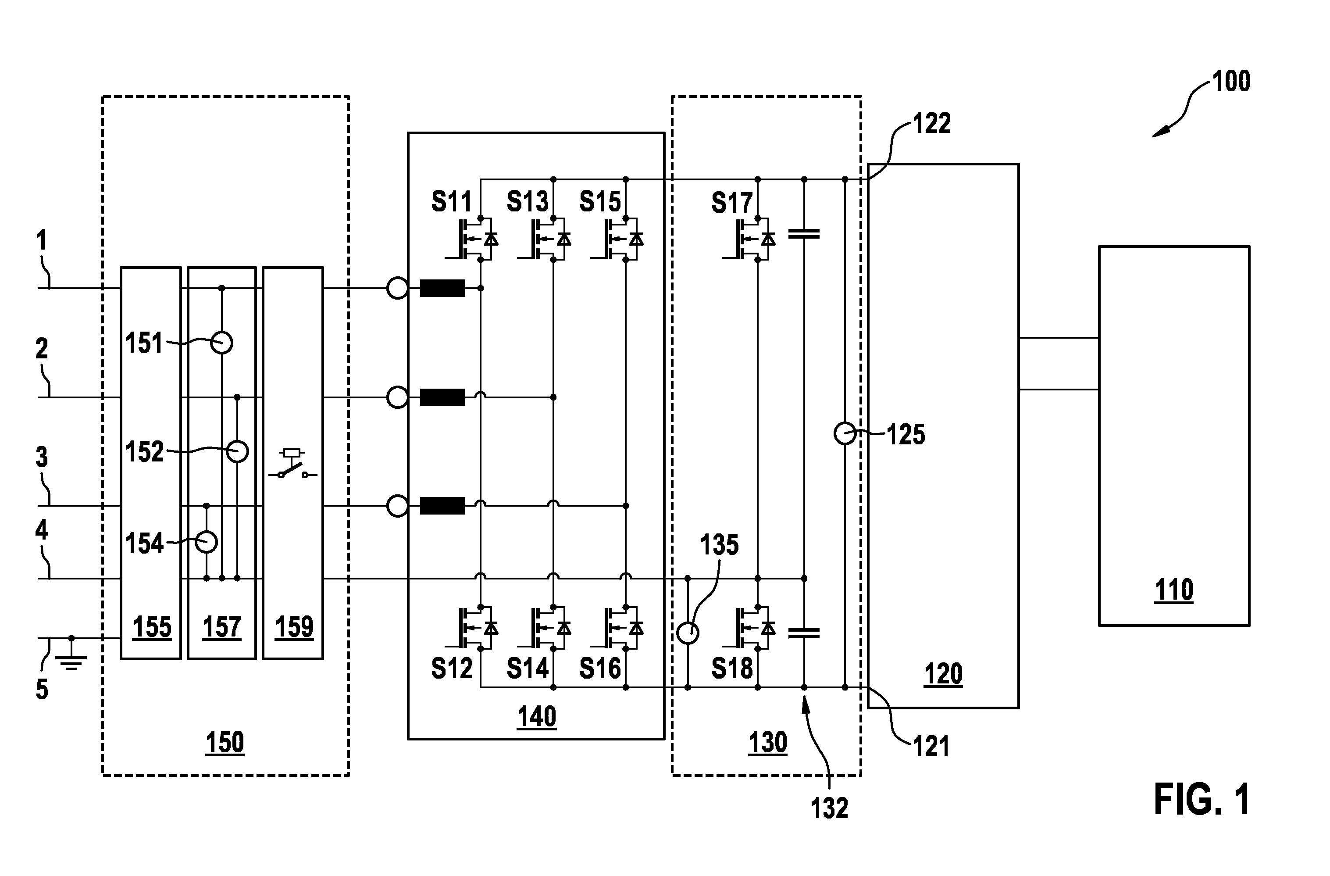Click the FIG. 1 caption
[1202, 800]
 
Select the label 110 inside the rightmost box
[1174, 590]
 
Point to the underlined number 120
[943, 674]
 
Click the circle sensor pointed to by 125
[845, 434]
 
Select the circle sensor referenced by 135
[688, 633]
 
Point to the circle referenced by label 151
[222, 343]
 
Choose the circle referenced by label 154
[206, 542]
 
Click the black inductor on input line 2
[442, 397]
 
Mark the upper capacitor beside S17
[804, 234]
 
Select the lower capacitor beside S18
[804, 633]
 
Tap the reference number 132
[830, 808]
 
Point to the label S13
[528, 202]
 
